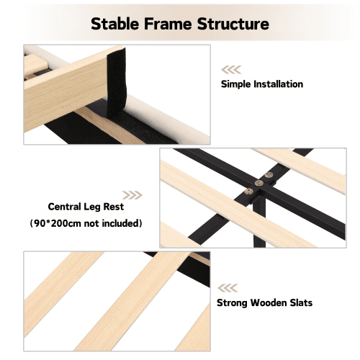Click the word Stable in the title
115,24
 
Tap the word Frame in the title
168,24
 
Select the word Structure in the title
233,24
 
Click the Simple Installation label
262,84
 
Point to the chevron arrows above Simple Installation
231,70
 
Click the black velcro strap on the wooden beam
116,82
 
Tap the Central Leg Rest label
86,207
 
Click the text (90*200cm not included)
86,223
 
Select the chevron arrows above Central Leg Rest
132,195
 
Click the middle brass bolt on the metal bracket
258,184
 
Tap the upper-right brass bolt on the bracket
269,175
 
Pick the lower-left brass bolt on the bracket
248,192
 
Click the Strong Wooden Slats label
264,303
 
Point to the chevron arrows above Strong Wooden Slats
228,288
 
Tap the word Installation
279,84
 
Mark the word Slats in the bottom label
301,303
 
